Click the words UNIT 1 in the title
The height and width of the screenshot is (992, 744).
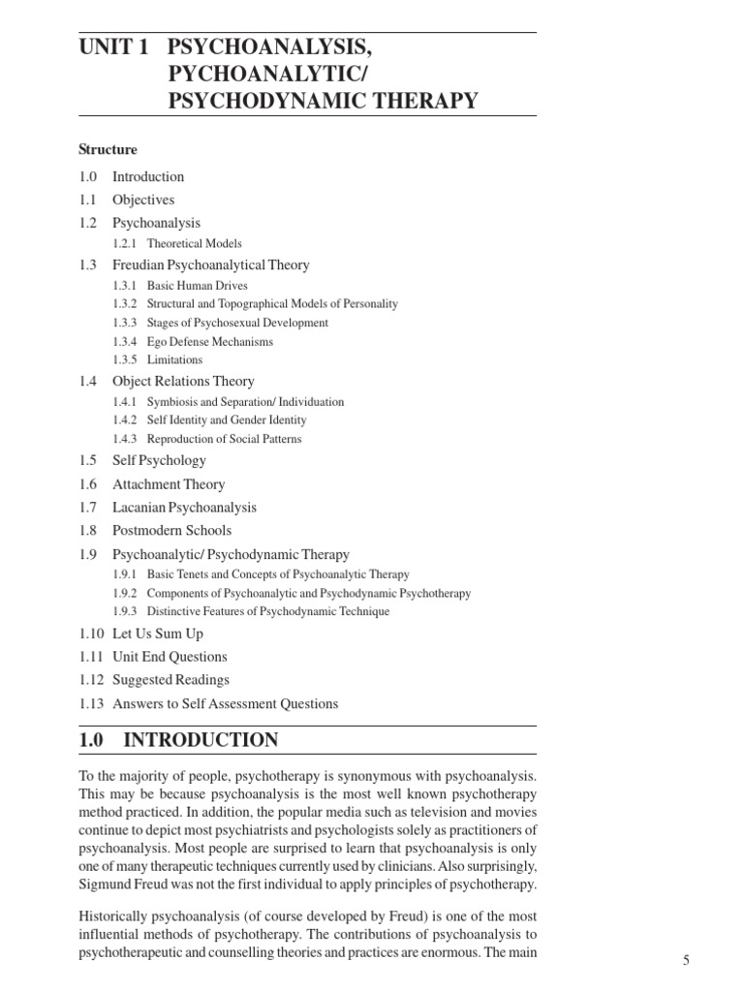(112, 47)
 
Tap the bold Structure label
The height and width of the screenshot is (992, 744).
(108, 150)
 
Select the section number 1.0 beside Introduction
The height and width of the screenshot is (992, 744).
(89, 176)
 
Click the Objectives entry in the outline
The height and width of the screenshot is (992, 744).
(143, 200)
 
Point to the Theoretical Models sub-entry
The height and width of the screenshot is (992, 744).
(195, 244)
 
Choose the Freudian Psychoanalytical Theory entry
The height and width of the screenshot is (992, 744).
(211, 264)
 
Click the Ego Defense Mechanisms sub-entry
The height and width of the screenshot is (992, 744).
(210, 341)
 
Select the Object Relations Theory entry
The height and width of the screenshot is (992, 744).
(183, 382)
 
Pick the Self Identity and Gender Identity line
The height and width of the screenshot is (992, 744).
(227, 420)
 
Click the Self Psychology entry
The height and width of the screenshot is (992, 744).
(159, 460)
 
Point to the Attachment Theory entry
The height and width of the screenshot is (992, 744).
(169, 484)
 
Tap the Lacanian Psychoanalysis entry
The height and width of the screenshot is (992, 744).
(184, 508)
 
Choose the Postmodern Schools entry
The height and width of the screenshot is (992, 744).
(171, 531)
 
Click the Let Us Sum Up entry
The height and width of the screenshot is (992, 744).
(158, 633)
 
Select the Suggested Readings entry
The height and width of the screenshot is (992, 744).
(170, 680)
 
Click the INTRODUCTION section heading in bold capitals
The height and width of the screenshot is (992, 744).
(201, 741)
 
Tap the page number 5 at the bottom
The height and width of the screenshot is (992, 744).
(686, 960)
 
